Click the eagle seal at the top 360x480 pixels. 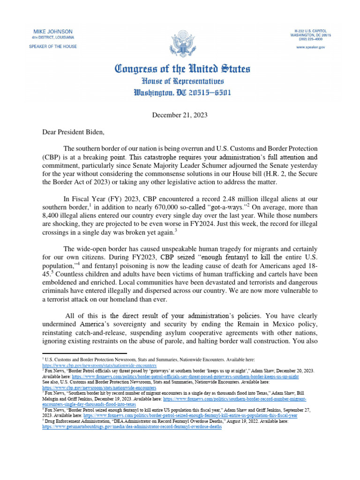click(180, 43)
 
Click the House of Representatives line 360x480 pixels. click(182, 80)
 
